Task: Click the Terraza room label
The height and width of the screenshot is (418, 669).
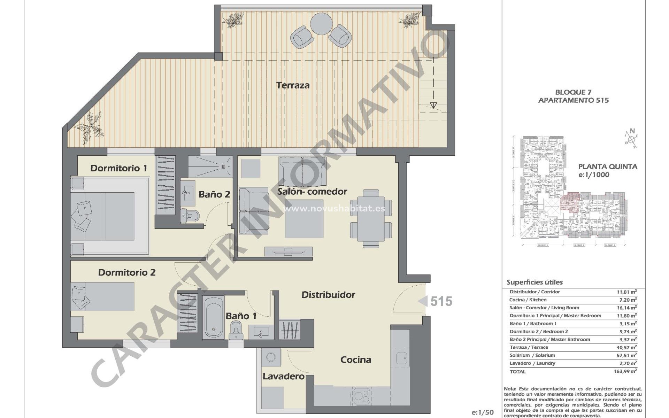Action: click(293, 85)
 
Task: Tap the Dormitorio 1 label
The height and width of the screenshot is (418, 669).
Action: click(118, 168)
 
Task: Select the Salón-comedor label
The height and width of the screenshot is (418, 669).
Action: click(312, 192)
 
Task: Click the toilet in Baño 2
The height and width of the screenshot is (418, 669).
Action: click(190, 216)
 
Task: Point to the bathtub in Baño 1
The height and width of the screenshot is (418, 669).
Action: click(214, 317)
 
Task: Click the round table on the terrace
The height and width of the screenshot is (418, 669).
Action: click(322, 24)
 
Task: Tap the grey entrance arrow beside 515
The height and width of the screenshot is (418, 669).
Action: click(423, 301)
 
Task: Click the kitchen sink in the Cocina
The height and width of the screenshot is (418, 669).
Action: click(402, 358)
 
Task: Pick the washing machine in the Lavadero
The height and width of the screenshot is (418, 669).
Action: click(270, 357)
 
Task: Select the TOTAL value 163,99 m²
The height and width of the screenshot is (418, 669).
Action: click(625, 372)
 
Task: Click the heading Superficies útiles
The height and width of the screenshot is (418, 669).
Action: click(535, 282)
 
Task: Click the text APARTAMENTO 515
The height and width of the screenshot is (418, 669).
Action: click(573, 101)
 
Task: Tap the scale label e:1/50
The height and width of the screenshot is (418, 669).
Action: click(483, 413)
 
